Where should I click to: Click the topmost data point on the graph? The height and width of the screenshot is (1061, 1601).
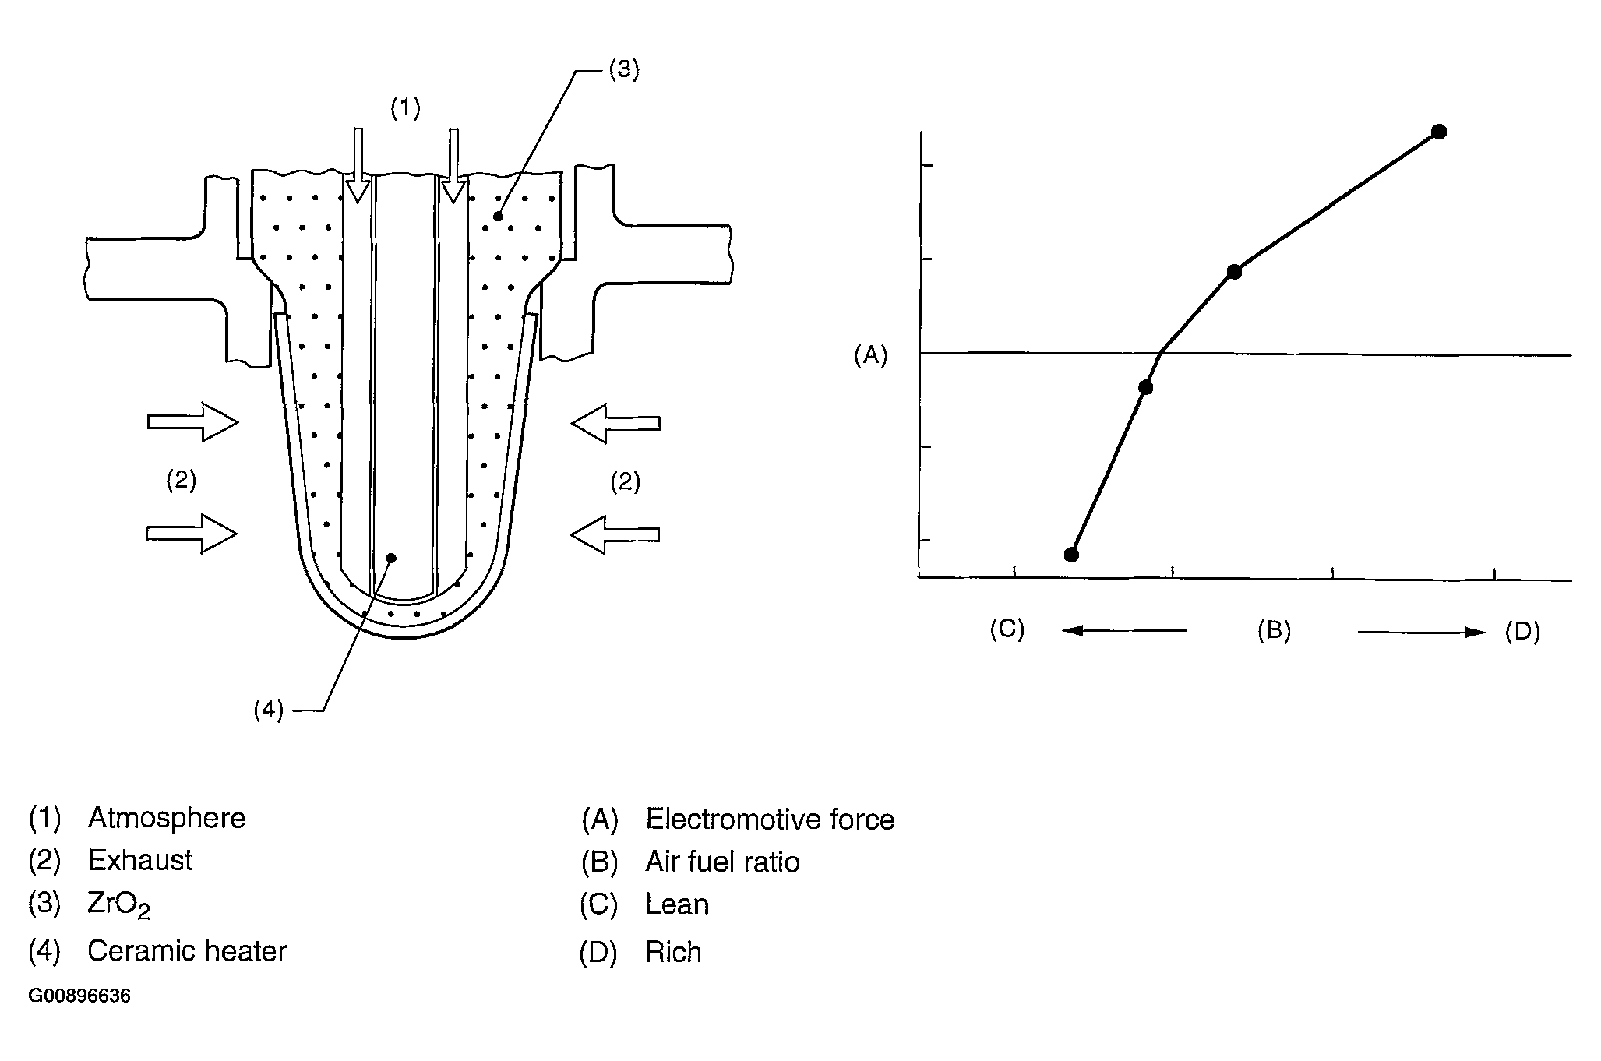1439,132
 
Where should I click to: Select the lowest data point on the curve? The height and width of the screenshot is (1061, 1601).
1071,554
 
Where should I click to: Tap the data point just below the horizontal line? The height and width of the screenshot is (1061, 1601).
1145,387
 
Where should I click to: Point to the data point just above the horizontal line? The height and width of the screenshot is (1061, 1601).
1234,272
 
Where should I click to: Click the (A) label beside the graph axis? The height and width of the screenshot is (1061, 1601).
870,355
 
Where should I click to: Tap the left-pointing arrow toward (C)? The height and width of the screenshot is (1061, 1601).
1123,630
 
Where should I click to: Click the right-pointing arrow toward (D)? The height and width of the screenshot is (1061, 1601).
1422,632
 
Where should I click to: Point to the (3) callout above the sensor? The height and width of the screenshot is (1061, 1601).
623,70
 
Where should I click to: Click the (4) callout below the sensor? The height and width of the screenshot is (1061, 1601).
269,710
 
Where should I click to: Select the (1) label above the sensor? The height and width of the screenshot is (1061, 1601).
405,108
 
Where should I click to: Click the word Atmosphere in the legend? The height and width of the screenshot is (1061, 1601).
167,818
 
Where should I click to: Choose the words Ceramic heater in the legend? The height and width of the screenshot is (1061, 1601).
187,951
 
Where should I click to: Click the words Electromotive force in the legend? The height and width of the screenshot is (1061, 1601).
770,820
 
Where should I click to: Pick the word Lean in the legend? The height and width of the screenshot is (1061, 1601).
677,904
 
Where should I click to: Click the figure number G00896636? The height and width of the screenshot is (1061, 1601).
79,996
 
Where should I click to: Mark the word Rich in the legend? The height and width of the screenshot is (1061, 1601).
673,952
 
